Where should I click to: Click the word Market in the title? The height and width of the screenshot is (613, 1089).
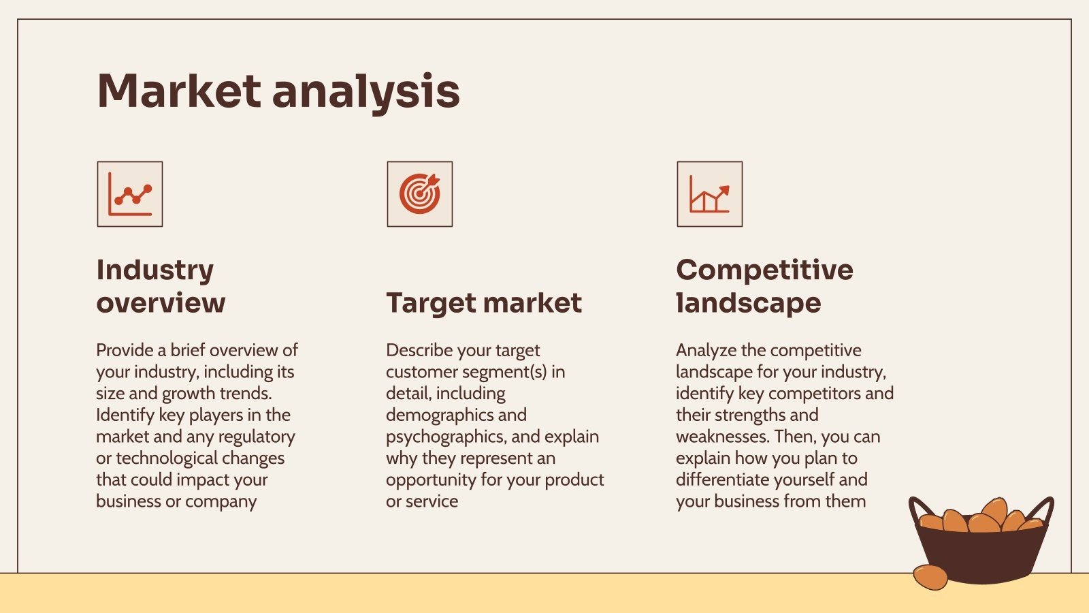180,91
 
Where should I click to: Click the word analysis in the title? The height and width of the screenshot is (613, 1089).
366,93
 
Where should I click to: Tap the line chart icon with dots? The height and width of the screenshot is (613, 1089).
130,194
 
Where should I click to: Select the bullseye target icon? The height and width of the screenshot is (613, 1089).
419,194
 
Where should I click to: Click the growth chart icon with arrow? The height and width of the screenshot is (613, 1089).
710,194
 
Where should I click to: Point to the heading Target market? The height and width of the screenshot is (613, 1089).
484,304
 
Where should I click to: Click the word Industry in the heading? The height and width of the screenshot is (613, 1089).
155,270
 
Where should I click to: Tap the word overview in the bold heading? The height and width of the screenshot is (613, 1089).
161,303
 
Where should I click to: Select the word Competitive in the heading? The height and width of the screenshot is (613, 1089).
765,270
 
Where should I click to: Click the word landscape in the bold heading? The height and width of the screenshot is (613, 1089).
749,304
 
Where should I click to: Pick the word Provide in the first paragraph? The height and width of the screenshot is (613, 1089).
125,350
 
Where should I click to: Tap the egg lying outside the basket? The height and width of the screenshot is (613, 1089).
930,577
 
